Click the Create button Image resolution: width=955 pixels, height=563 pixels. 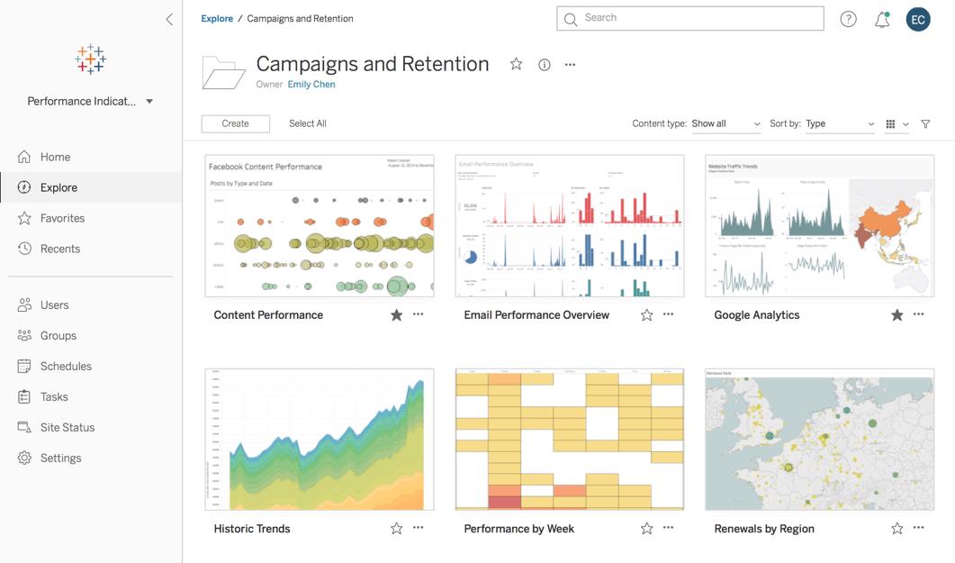(x=235, y=124)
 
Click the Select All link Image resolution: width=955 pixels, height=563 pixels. (x=308, y=124)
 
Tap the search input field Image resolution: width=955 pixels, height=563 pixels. (x=689, y=18)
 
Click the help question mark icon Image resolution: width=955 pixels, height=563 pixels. (x=848, y=19)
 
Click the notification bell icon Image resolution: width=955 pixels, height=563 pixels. (x=882, y=20)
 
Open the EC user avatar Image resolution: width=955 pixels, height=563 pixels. (x=918, y=19)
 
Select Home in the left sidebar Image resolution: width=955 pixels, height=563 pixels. (x=55, y=157)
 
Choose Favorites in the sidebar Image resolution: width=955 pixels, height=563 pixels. (x=62, y=218)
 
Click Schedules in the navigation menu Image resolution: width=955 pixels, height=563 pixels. (x=66, y=367)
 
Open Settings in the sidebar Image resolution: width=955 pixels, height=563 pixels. (x=60, y=459)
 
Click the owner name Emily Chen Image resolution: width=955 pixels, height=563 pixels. (x=311, y=85)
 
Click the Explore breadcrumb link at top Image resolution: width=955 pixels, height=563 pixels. (x=217, y=19)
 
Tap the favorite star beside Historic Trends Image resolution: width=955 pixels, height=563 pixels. (x=396, y=529)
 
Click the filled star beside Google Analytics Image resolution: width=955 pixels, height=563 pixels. (x=896, y=315)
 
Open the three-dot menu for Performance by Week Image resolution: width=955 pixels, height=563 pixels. (x=668, y=529)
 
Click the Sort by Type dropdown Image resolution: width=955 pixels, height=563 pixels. (x=840, y=124)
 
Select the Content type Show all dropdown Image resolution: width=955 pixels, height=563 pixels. (x=725, y=124)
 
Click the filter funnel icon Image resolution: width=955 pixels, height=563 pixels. (x=925, y=124)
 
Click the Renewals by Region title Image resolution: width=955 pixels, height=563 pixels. (x=764, y=529)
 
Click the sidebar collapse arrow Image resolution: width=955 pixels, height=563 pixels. (x=169, y=19)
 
